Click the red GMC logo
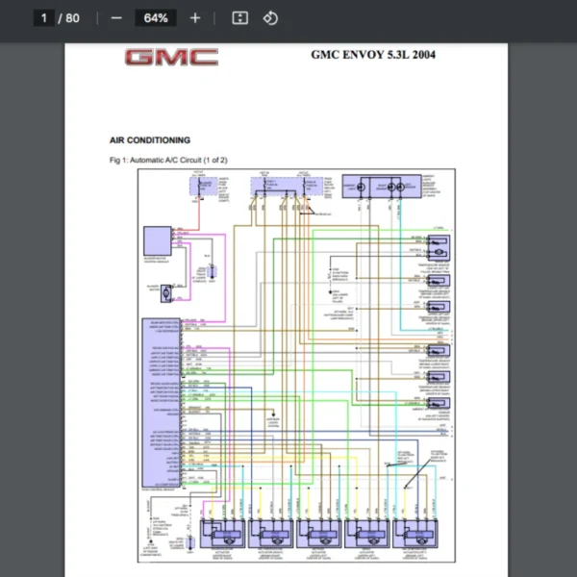point(171,58)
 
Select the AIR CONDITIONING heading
point(150,140)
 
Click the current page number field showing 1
point(44,18)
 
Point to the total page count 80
point(73,18)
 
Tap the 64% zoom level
point(155,18)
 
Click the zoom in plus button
point(195,18)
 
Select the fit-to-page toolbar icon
point(240,18)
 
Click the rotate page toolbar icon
point(270,18)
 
